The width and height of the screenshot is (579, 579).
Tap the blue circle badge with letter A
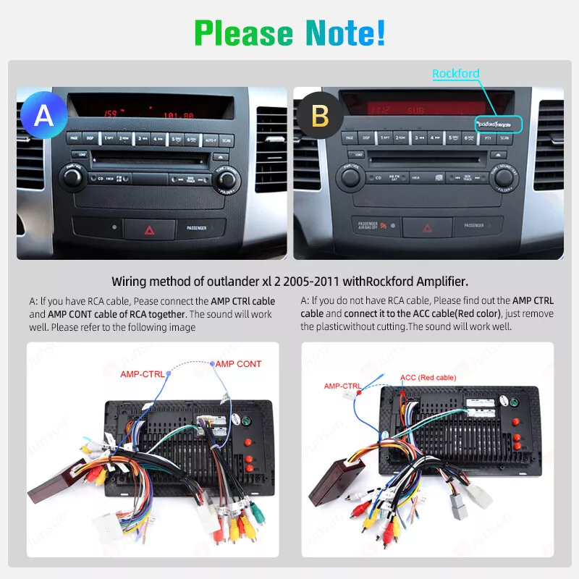pyautogui.click(x=43, y=116)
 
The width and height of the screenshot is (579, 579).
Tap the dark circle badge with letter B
pyautogui.click(x=320, y=116)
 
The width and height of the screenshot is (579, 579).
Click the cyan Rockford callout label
pyautogui.click(x=456, y=73)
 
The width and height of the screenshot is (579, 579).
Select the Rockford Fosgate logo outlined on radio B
pyautogui.click(x=498, y=124)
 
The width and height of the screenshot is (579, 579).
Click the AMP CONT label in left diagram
pyautogui.click(x=239, y=364)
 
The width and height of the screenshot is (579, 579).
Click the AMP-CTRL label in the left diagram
pyautogui.click(x=142, y=374)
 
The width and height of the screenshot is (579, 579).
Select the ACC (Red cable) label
pyautogui.click(x=428, y=377)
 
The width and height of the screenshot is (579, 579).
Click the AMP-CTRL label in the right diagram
pyautogui.click(x=342, y=386)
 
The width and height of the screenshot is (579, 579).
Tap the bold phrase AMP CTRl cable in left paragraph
pyautogui.click(x=243, y=300)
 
